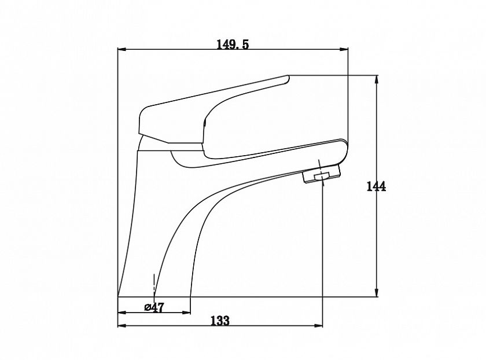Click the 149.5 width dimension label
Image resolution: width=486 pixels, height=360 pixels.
[233, 45]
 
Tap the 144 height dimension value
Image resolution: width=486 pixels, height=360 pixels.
[376, 186]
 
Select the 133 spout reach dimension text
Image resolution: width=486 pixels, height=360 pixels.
[220, 320]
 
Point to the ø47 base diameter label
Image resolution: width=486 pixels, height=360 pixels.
[154, 307]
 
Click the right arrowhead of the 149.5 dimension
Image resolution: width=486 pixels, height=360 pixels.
[344, 49]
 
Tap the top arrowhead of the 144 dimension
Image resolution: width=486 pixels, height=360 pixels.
[377, 79]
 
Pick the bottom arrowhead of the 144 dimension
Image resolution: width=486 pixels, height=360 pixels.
[377, 293]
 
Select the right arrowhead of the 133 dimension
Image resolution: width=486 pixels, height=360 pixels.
[318, 326]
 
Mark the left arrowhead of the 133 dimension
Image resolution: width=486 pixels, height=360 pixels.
[122, 326]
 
